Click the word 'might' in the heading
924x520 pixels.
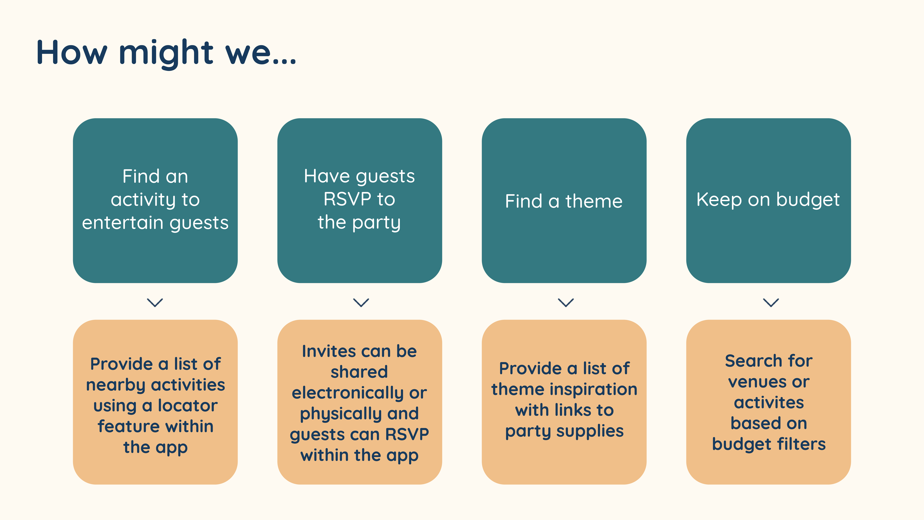pyautogui.click(x=166, y=53)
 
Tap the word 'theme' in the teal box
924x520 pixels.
pyautogui.click(x=594, y=201)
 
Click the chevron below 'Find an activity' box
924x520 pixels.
pyautogui.click(x=155, y=303)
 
